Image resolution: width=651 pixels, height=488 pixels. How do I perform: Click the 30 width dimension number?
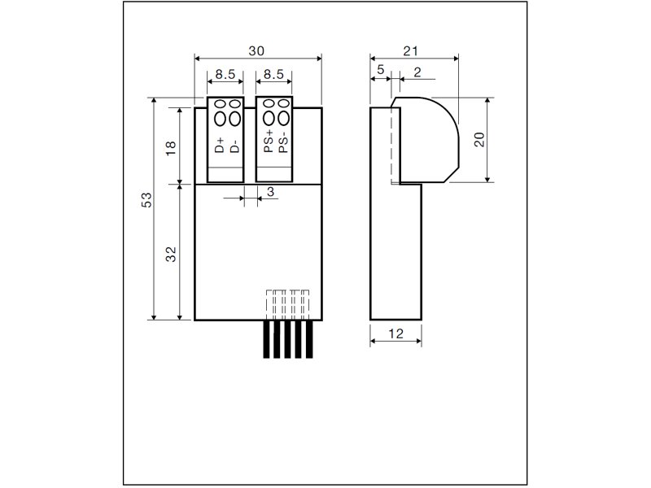click(256, 51)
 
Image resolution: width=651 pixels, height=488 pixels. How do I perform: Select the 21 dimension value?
click(411, 51)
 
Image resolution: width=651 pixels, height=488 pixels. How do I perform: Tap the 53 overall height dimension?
click(147, 200)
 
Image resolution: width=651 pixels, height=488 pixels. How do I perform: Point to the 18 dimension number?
click(171, 148)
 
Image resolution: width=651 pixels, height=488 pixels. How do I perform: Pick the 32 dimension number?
click(171, 254)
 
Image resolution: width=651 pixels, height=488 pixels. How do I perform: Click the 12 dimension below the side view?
click(395, 333)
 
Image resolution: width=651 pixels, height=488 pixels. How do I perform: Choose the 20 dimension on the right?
click(479, 139)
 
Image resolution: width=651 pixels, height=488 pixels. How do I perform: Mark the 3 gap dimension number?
click(271, 192)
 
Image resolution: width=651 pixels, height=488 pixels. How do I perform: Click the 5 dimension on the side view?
click(381, 69)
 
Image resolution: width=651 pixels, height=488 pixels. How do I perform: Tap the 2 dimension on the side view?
click(417, 72)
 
